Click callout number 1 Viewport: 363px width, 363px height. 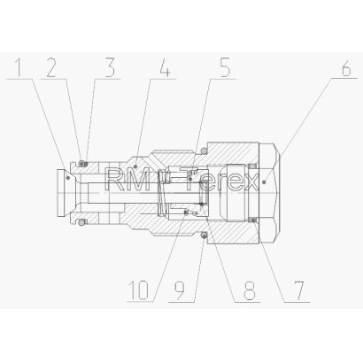click(x=19, y=68)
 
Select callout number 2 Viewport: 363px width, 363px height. click(x=50, y=68)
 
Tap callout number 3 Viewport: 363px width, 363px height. click(x=110, y=68)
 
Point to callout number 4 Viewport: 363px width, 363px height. click(x=166, y=68)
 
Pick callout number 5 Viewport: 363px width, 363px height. click(x=225, y=68)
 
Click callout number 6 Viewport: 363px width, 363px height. click(x=346, y=68)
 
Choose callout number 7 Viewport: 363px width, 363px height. click(x=298, y=290)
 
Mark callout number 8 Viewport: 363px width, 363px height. click(x=249, y=290)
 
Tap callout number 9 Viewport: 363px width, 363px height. click(x=180, y=290)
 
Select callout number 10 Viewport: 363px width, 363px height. click(x=139, y=290)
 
